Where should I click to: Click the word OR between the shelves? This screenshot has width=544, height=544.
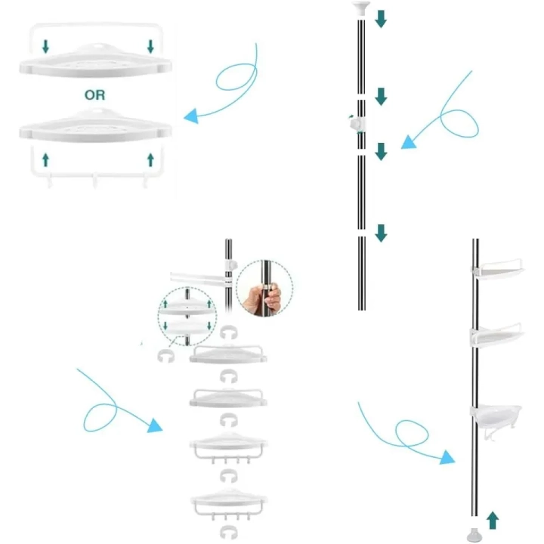94,94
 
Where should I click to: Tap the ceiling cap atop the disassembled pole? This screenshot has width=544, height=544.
361,8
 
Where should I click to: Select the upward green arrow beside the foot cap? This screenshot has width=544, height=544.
493,520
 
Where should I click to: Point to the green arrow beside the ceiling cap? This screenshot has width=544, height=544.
381,19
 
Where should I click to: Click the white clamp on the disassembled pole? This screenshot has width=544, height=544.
357,124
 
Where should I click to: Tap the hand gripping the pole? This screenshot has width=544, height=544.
262,298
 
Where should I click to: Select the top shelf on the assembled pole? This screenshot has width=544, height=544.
497,270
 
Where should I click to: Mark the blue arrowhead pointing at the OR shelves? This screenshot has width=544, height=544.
191,116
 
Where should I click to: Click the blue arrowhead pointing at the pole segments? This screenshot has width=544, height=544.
408,142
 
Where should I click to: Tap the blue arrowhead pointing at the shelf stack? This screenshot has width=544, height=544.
155,425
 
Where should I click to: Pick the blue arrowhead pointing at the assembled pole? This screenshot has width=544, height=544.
447,457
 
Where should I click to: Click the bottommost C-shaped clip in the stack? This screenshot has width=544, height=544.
229,532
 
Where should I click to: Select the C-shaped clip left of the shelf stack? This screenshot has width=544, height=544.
165,356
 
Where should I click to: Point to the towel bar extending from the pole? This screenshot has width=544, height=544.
198,279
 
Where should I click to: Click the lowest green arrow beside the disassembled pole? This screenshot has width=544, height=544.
381,233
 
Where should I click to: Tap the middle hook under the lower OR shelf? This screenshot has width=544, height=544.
94,181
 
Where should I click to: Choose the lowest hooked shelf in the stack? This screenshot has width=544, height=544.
229,504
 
